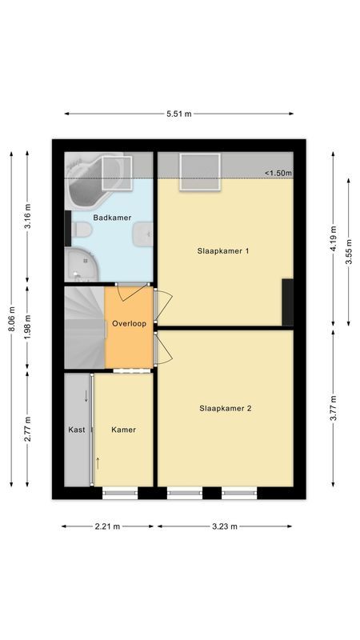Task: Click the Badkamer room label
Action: (x=112, y=218)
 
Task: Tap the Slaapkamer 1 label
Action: (x=224, y=250)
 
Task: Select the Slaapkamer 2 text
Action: (x=226, y=408)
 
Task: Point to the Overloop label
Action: (x=128, y=324)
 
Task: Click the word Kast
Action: (x=77, y=430)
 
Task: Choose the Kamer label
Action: (x=123, y=430)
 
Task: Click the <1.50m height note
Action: (x=278, y=173)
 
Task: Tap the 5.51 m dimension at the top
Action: (x=179, y=114)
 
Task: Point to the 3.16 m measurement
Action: (x=28, y=218)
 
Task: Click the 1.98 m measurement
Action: (x=28, y=328)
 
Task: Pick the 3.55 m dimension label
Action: (x=349, y=252)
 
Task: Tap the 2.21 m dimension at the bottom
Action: (x=107, y=526)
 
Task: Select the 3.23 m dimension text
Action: (x=226, y=526)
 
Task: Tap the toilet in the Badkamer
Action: (x=82, y=232)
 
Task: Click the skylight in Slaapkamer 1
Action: (x=200, y=171)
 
